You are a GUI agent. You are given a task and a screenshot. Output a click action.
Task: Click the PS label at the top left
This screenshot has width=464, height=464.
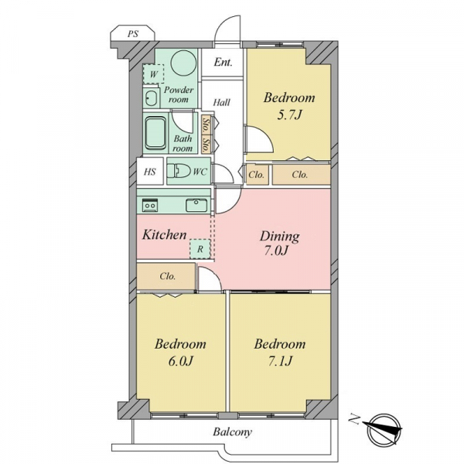point(133,33)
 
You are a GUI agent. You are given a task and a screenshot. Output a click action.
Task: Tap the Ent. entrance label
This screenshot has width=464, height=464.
point(223,62)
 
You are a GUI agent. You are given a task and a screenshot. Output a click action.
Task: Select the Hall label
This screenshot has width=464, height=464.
point(222,102)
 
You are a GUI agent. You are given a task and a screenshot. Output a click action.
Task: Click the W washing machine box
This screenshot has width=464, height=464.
point(154,74)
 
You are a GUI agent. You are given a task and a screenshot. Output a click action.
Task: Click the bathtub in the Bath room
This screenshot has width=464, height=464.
point(155,133)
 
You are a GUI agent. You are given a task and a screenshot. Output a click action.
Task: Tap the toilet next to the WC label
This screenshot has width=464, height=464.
point(179,172)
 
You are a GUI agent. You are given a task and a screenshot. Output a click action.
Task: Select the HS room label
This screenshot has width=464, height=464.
point(150,172)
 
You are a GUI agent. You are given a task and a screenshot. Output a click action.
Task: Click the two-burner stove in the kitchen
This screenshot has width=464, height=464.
point(150,205)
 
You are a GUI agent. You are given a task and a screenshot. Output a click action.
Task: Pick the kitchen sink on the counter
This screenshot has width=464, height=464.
point(196,205)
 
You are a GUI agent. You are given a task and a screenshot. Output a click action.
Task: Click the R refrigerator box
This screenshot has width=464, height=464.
point(200,249)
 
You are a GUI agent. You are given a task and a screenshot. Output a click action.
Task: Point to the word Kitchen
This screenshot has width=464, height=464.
point(164,235)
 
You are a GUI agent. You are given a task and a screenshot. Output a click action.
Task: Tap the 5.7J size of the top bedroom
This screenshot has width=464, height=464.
point(289,114)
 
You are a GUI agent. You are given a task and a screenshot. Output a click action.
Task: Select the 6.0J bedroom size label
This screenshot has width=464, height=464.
point(180,361)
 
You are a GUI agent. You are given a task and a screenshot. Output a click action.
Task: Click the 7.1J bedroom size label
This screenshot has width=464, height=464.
point(280,361)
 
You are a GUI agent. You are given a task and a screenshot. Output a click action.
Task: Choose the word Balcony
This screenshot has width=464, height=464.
point(232,432)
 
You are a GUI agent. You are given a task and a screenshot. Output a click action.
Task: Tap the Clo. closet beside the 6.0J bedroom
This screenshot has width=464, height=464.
point(168,276)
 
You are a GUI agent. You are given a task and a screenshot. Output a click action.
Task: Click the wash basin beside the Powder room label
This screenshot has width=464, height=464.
point(151,98)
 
